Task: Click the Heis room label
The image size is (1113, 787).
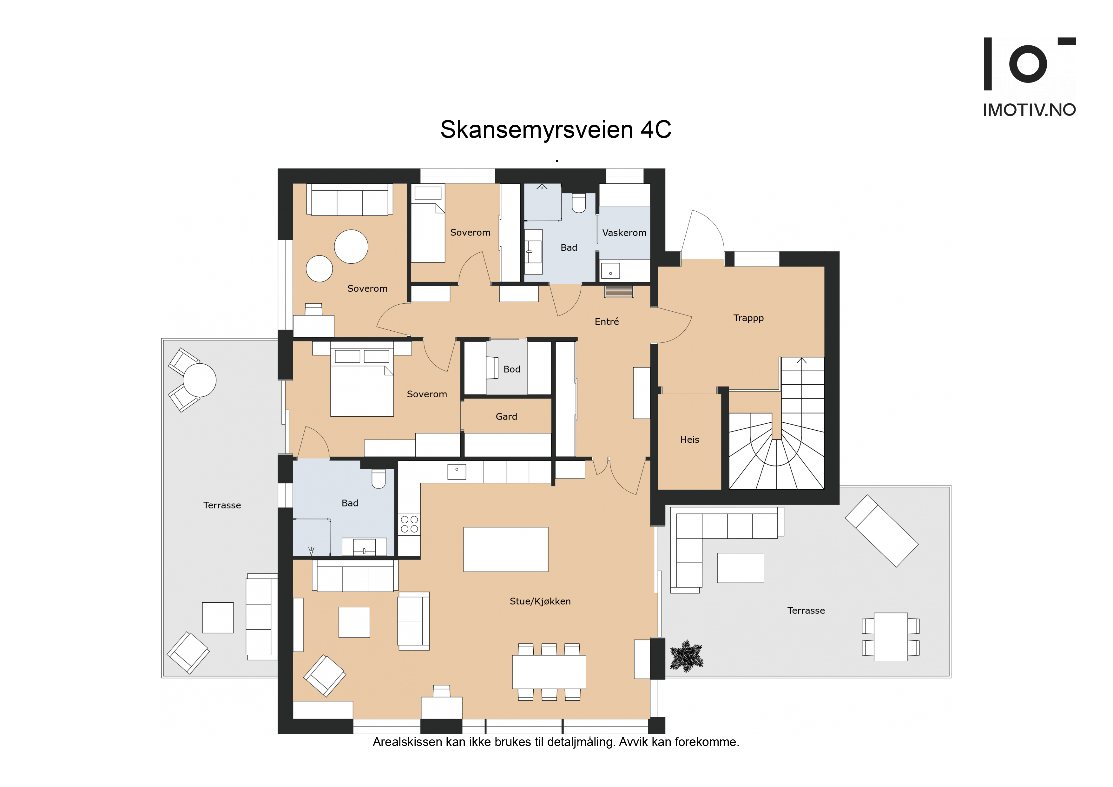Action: click(689, 440)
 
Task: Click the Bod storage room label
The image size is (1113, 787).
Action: click(511, 369)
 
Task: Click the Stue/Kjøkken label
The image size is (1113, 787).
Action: click(540, 601)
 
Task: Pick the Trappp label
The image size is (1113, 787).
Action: click(748, 318)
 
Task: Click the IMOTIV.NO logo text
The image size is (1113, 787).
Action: click(1029, 110)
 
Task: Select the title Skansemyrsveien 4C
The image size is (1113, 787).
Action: click(556, 129)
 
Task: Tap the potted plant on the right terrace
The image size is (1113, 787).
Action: click(686, 656)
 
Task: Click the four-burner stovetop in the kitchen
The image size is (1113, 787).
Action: click(409, 524)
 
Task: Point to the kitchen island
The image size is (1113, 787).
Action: click(506, 549)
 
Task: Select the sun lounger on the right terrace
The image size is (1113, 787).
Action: click(881, 531)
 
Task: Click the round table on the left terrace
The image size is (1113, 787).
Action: click(199, 380)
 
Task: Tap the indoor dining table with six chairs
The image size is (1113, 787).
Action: click(549, 672)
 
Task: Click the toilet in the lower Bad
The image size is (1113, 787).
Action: click(378, 478)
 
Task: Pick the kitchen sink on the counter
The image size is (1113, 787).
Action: click(457, 471)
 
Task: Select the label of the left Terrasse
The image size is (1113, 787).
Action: click(222, 505)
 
